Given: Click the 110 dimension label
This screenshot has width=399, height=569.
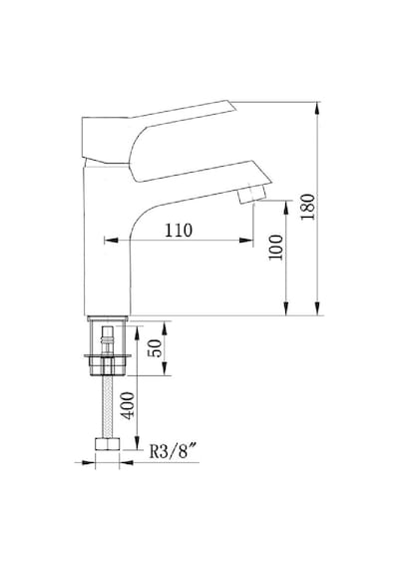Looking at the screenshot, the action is point(179,230).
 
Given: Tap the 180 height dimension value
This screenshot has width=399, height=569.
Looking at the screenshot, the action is point(307,207).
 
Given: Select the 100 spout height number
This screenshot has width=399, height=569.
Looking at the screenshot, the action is point(275,248).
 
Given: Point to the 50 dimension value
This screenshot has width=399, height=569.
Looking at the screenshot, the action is point(156,348).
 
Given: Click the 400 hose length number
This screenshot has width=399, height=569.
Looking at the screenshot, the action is point(128,405).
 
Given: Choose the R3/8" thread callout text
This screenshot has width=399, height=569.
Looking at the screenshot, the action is point(174,451).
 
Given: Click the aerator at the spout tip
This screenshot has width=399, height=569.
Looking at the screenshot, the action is point(251,194).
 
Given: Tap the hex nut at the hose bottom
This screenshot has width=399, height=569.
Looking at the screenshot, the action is point(108,444).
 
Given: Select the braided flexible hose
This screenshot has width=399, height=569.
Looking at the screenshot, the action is point(108,406).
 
